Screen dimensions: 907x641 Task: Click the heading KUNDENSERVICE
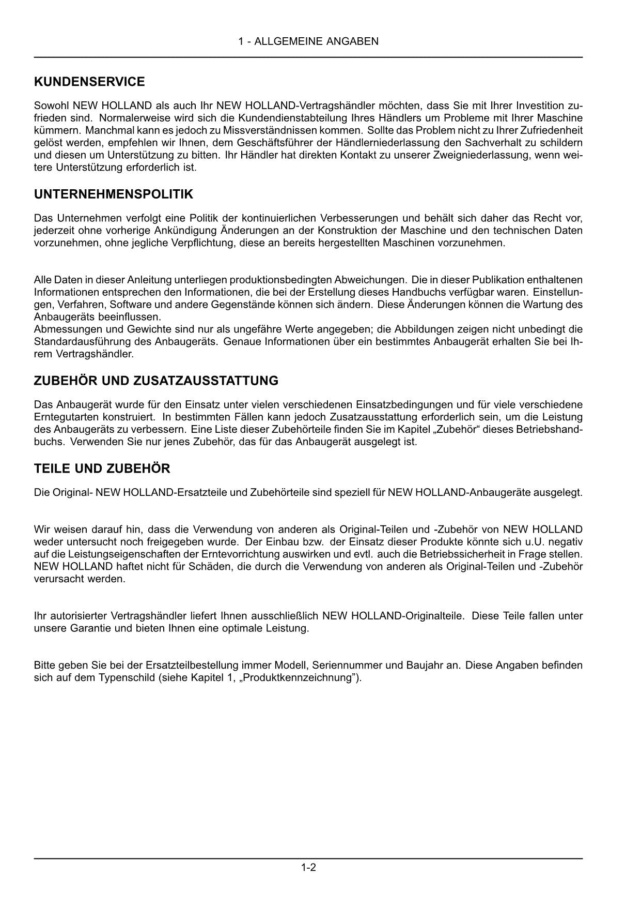click(x=89, y=82)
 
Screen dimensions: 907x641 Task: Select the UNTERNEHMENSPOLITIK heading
click(x=113, y=194)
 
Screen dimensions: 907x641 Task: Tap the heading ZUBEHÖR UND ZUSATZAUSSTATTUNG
click(x=155, y=381)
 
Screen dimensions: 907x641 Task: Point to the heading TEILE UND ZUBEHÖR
click(x=102, y=468)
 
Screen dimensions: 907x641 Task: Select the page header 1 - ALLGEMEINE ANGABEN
click(x=308, y=41)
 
